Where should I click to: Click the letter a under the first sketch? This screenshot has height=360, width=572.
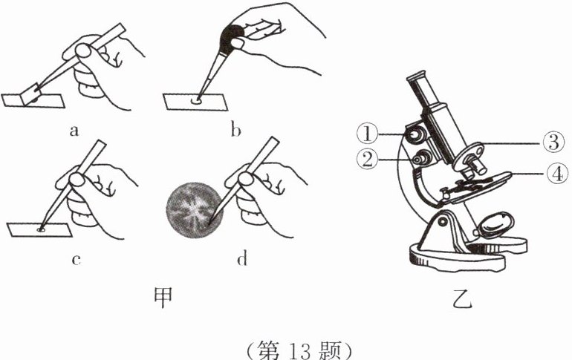coord(74,131)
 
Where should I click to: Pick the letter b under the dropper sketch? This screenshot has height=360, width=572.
coord(236,131)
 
